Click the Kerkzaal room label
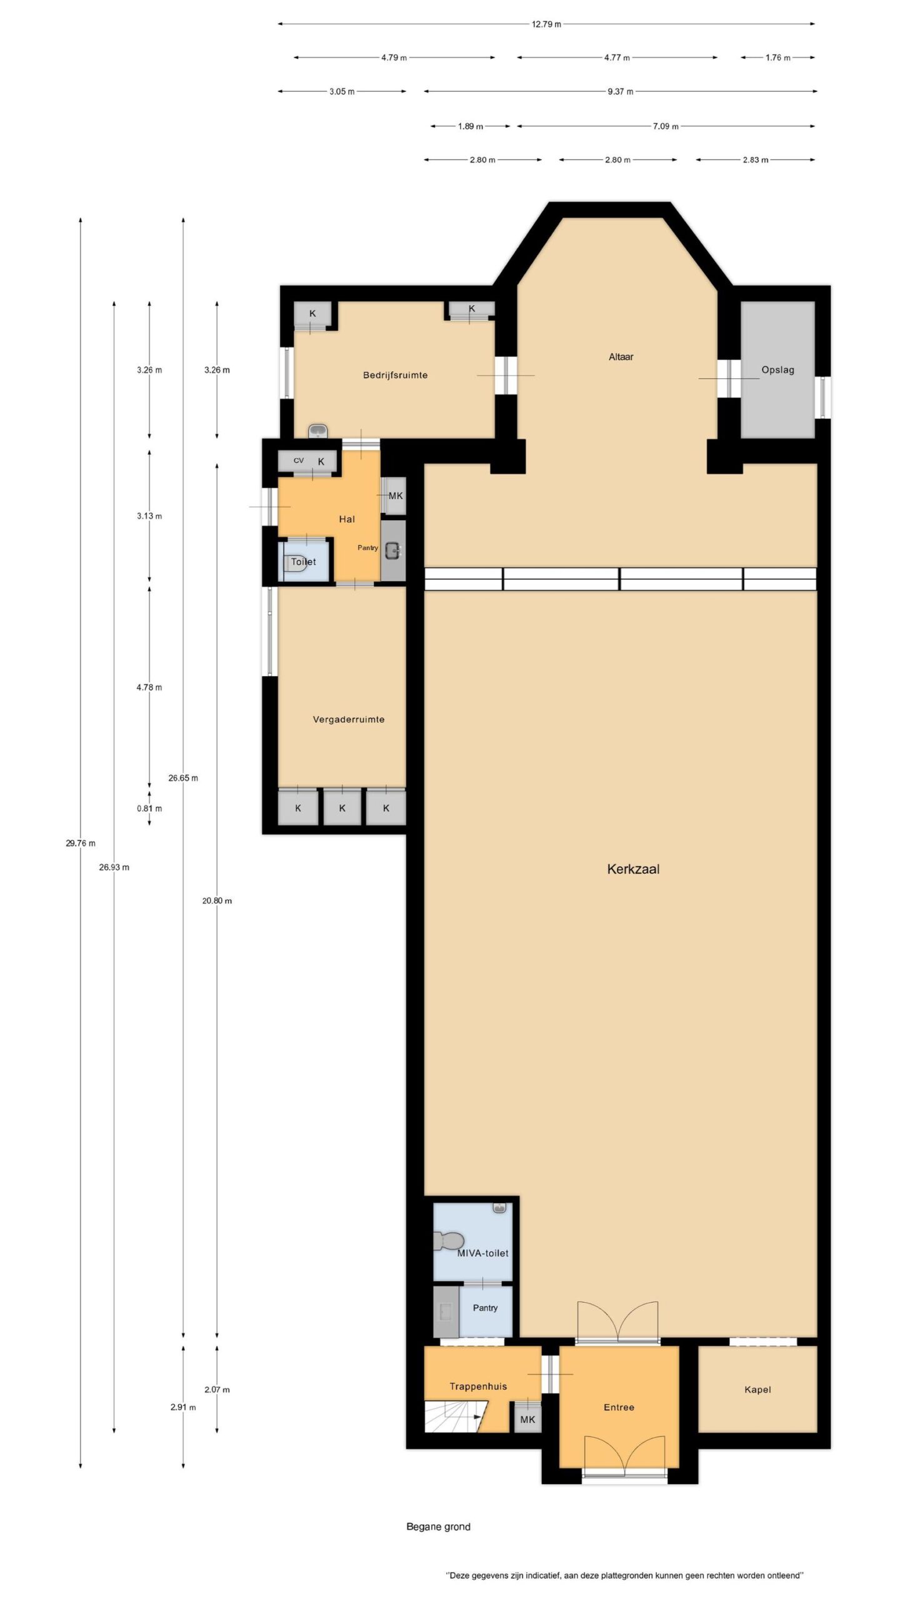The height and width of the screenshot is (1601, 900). [x=633, y=869]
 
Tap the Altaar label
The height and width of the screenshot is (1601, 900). [x=621, y=357]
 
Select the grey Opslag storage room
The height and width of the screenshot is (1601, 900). [x=777, y=370]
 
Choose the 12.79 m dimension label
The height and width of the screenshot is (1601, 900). [x=546, y=24]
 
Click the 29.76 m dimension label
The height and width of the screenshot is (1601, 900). [x=81, y=843]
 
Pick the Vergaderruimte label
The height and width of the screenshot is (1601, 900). [x=348, y=719]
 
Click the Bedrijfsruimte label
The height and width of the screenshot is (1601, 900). [x=395, y=375]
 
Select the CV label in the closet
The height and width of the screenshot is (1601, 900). [x=299, y=461]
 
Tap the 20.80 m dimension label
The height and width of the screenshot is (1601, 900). [x=217, y=901]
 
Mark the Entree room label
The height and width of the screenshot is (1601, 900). [x=619, y=1407]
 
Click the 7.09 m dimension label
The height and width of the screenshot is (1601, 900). [x=666, y=126]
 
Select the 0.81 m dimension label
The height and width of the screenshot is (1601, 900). [x=149, y=808]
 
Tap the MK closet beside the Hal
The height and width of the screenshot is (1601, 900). [x=395, y=496]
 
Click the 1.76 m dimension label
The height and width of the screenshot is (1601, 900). [x=777, y=58]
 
